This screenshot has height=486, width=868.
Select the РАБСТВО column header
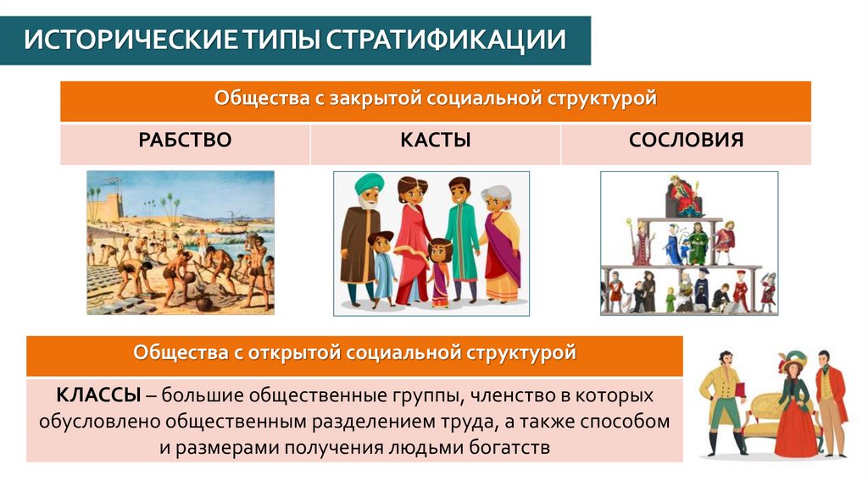(185, 141)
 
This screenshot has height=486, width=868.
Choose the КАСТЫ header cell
(436, 141)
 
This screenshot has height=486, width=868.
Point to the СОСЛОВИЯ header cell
(686, 141)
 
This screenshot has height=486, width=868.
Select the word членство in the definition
(519, 395)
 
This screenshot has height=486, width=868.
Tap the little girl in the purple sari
(438, 271)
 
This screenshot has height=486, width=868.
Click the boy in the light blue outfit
(381, 267)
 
